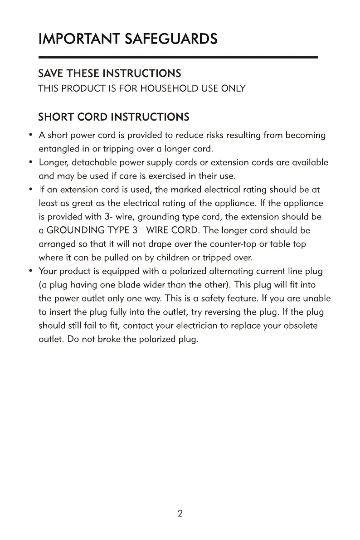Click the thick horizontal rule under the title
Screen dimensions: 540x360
click(x=178, y=57)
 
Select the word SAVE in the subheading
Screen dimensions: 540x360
click(x=51, y=73)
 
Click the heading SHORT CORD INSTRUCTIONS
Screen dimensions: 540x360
click(x=113, y=117)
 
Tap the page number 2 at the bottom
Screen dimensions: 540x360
click(x=180, y=514)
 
